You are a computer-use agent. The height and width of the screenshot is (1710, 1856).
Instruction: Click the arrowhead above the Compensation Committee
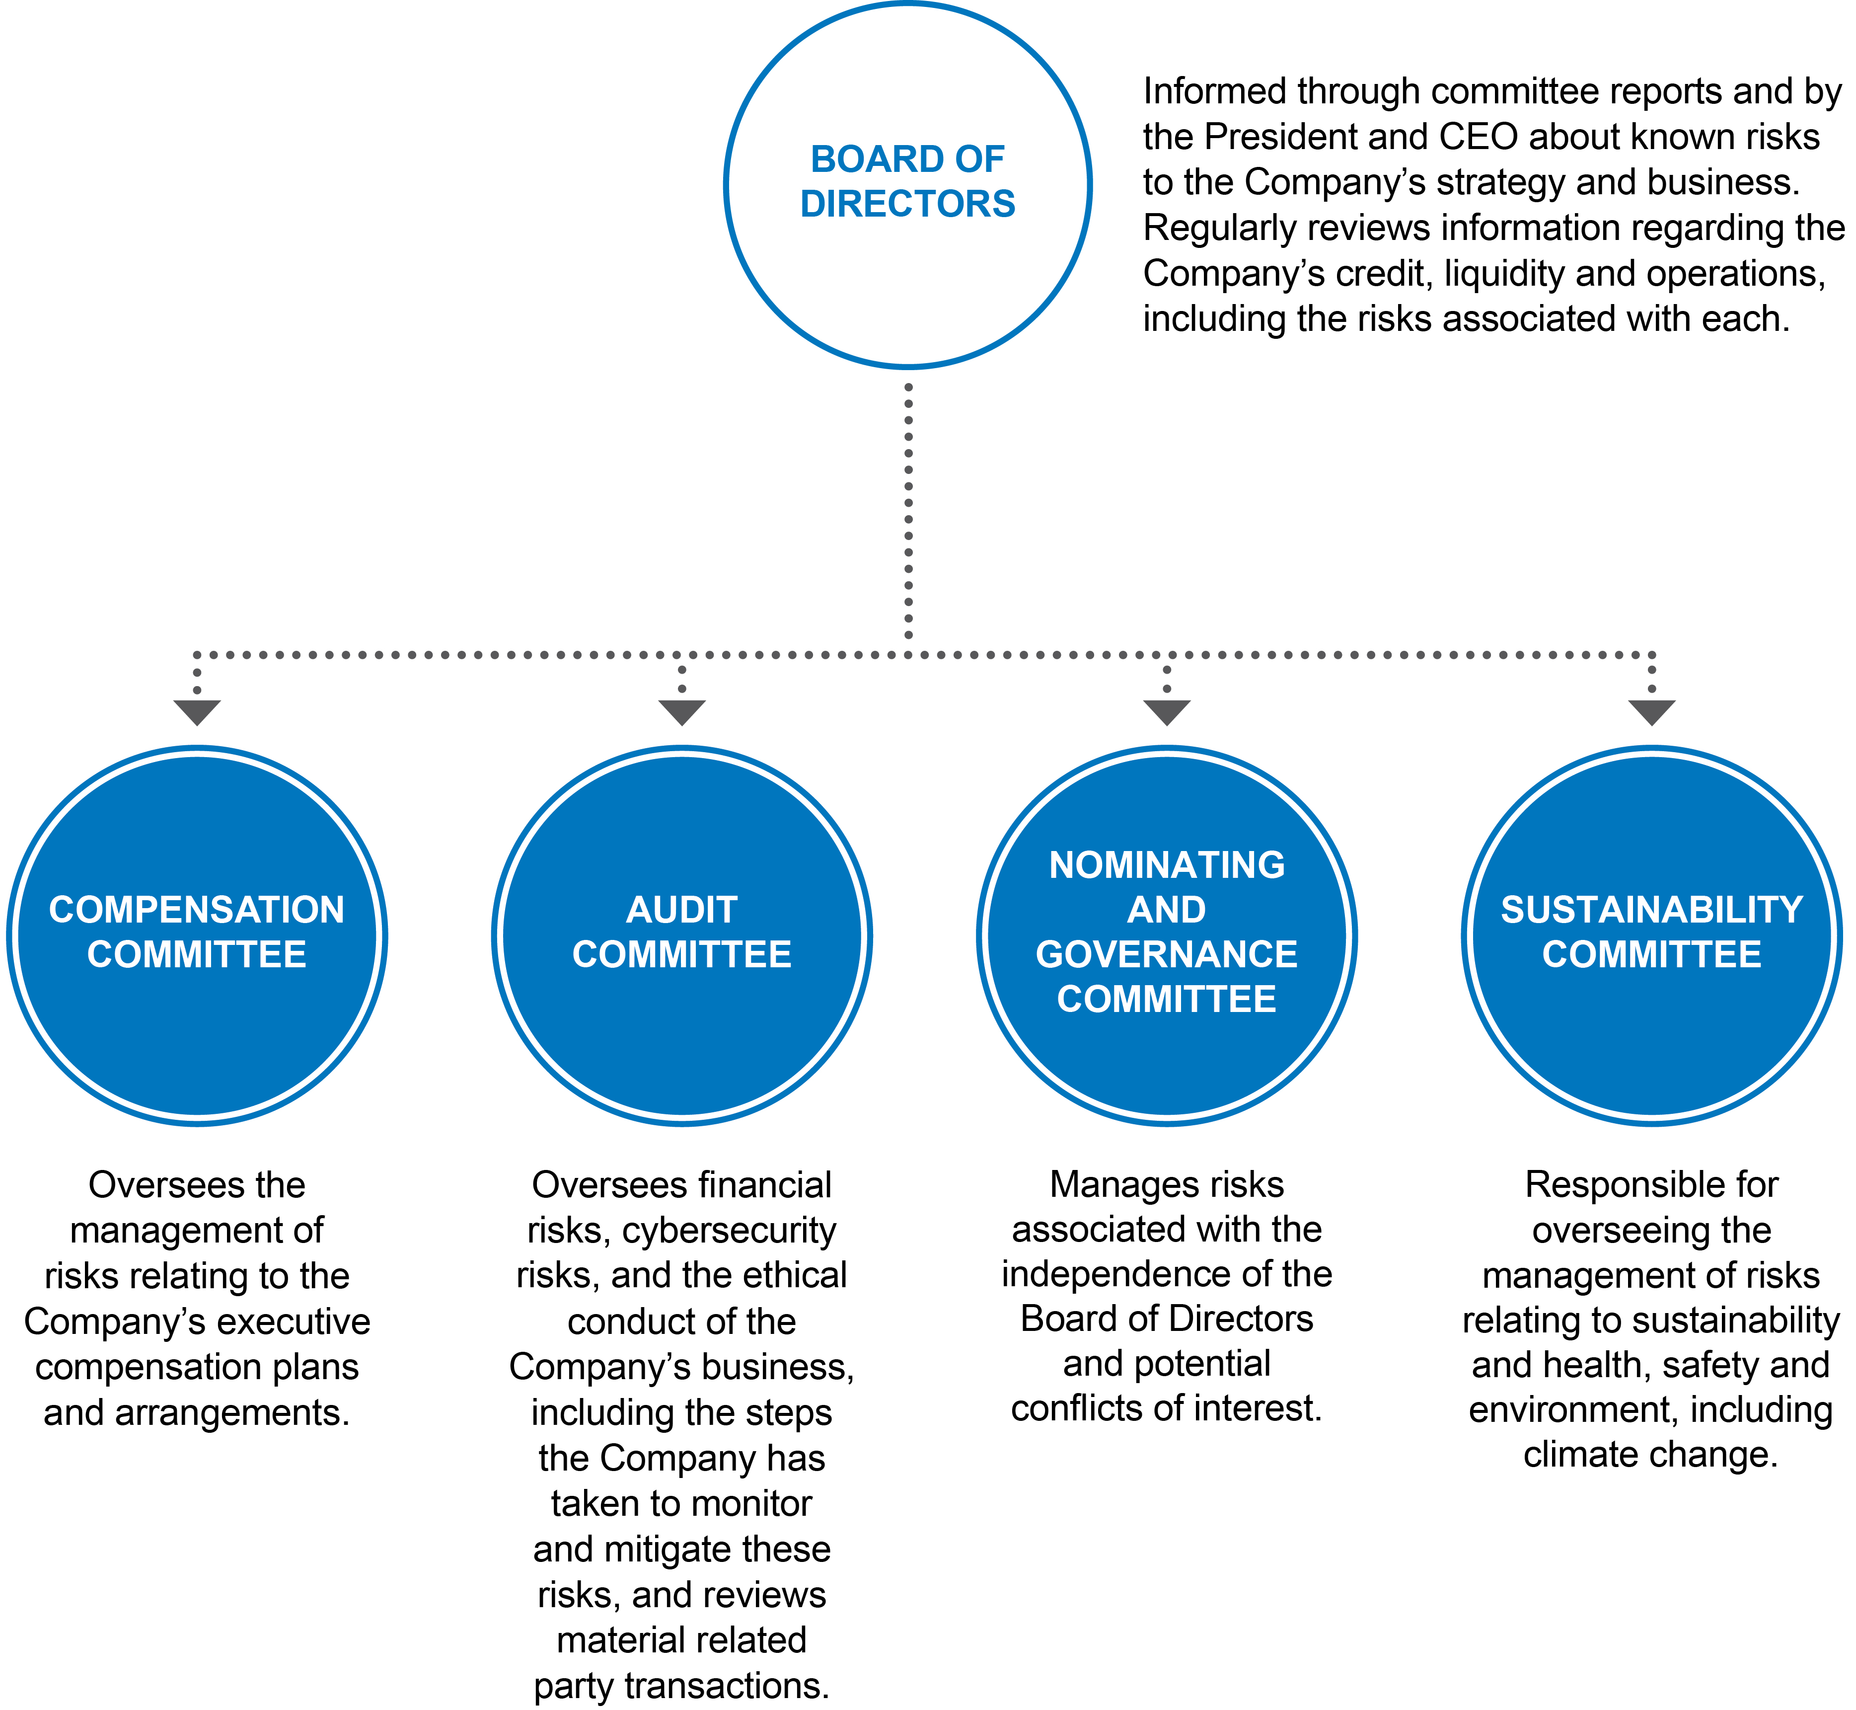tap(197, 711)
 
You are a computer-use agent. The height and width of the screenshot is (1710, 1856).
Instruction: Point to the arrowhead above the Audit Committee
tap(682, 711)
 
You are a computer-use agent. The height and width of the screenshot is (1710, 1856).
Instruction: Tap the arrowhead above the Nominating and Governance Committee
tap(1167, 711)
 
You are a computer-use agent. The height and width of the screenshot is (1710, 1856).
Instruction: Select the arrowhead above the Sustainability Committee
tap(1651, 711)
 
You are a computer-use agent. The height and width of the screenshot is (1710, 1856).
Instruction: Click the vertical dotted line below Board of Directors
tap(908, 511)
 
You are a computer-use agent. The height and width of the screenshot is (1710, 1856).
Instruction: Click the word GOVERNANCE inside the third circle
tap(1167, 954)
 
